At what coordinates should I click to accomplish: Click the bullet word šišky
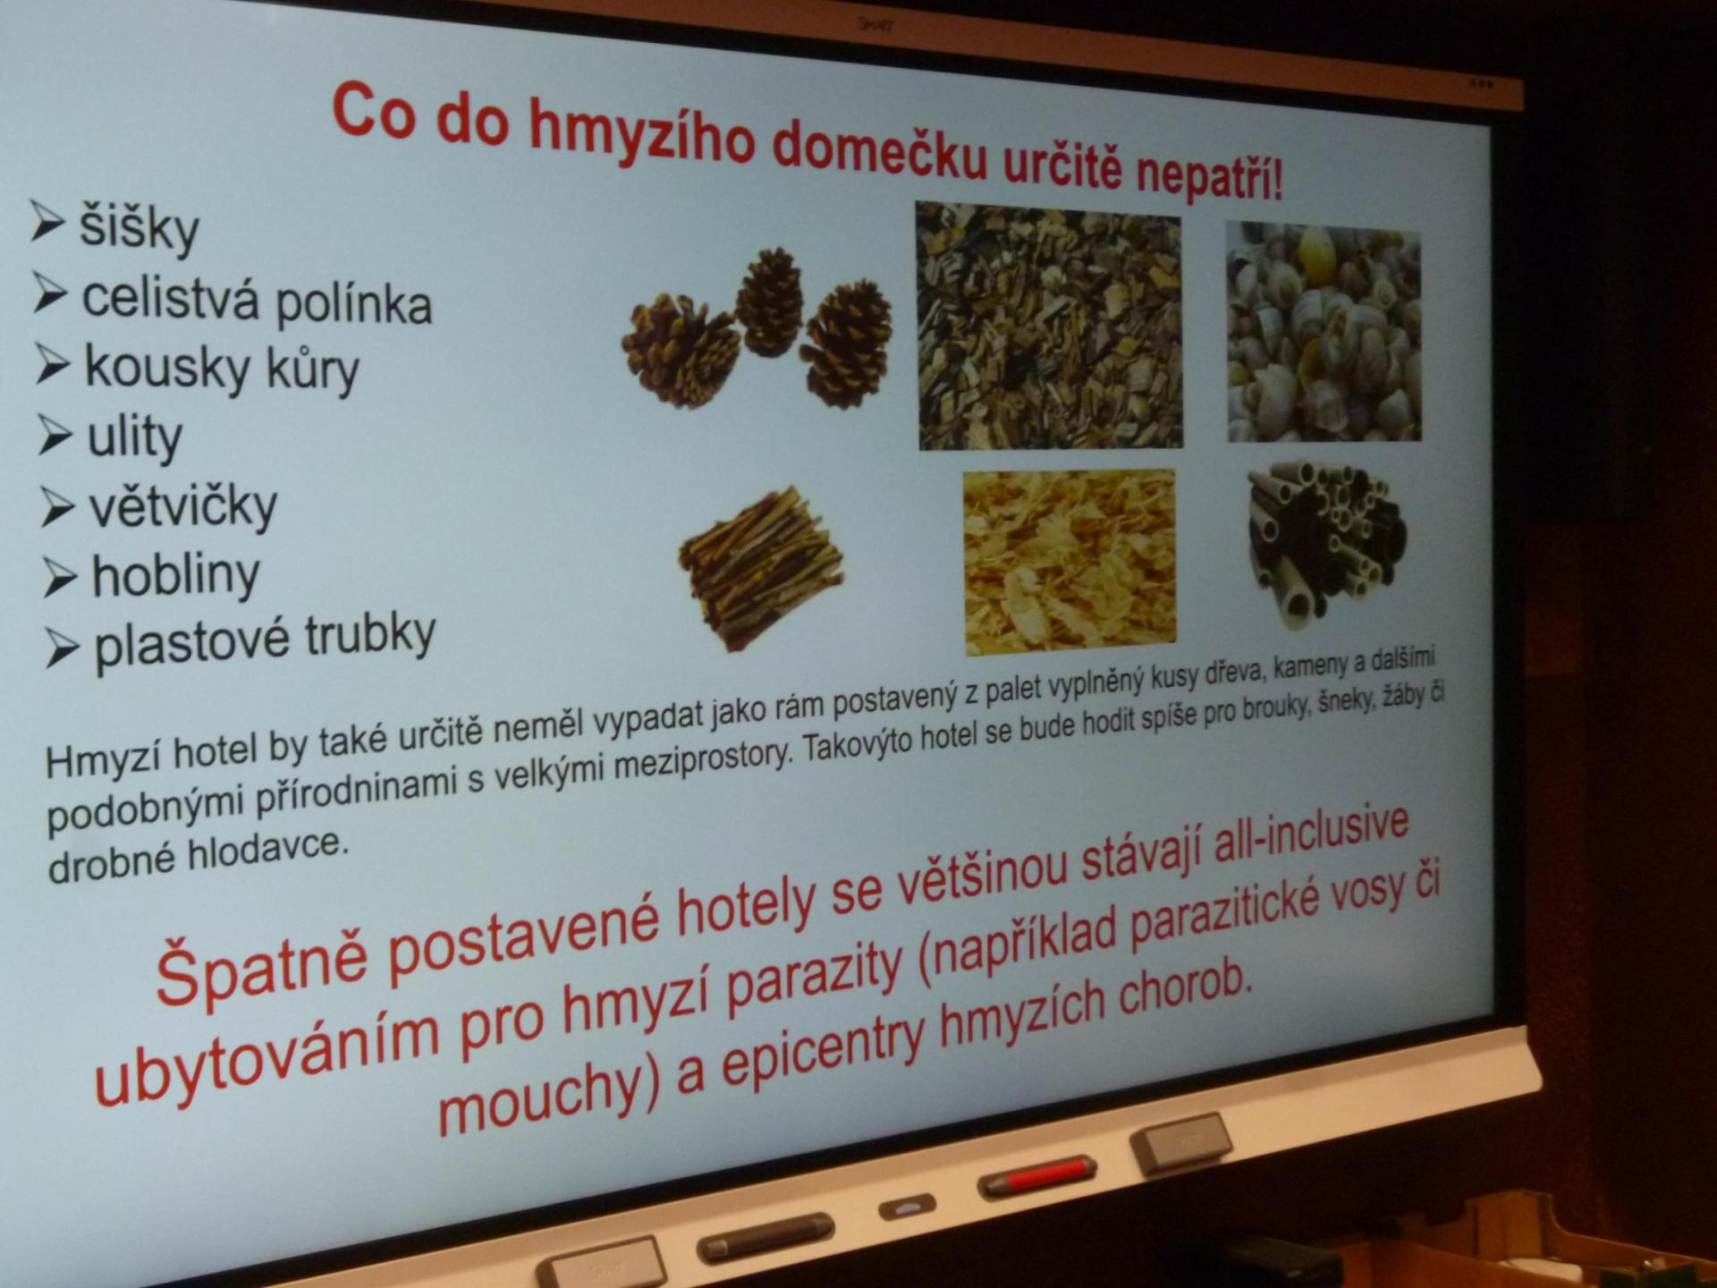(139, 227)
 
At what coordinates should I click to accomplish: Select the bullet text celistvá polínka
(258, 301)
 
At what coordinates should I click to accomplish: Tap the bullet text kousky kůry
(222, 369)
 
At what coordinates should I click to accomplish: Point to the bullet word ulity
(135, 437)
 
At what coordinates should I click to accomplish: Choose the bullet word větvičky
(183, 506)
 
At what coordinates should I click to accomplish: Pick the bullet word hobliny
(176, 574)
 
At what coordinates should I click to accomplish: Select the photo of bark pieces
(1049, 326)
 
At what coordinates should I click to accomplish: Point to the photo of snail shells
(1323, 332)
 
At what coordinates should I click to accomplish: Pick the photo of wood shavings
(1070, 561)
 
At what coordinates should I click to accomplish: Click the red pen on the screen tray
(1037, 1175)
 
